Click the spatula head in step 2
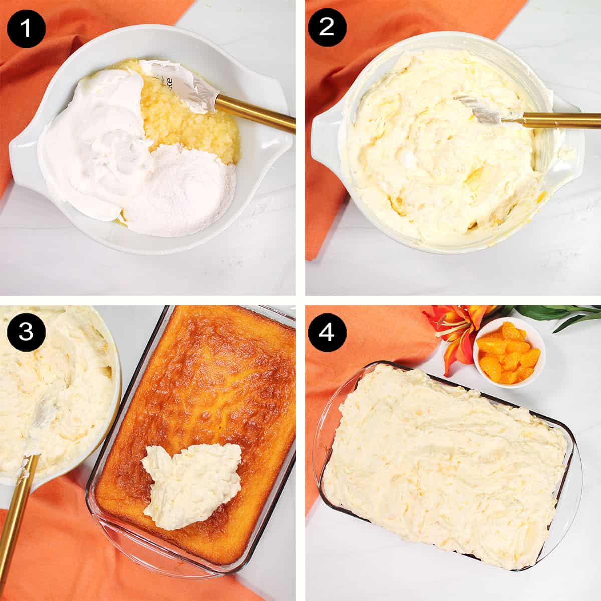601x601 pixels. click(481, 110)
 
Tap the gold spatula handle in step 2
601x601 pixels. click(561, 119)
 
